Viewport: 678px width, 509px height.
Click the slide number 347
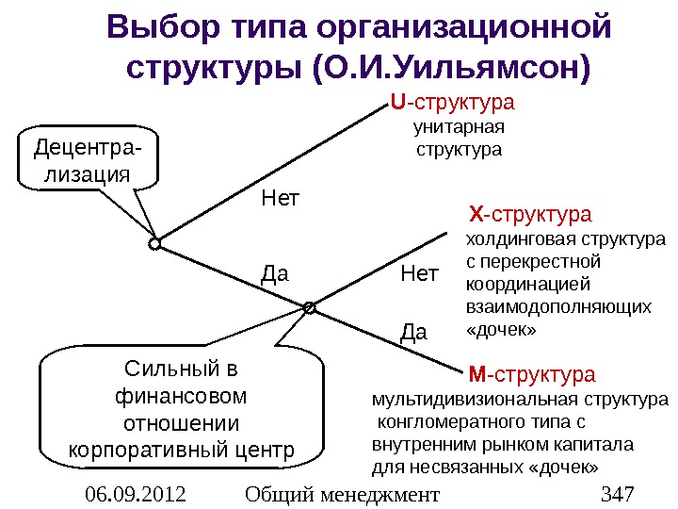coord(617,494)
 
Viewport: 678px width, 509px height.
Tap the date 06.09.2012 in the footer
coord(135,494)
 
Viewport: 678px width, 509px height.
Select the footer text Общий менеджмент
coord(341,494)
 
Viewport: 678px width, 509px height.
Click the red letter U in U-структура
coord(396,101)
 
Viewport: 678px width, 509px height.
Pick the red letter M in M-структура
coord(476,374)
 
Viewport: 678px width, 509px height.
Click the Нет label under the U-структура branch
coord(279,199)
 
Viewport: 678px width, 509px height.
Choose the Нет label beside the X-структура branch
coord(420,274)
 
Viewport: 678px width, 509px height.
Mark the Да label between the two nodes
coord(274,274)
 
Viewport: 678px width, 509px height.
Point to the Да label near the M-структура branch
coord(414,332)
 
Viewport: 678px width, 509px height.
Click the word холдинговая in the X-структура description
coord(509,239)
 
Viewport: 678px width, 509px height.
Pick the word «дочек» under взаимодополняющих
coord(501,330)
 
